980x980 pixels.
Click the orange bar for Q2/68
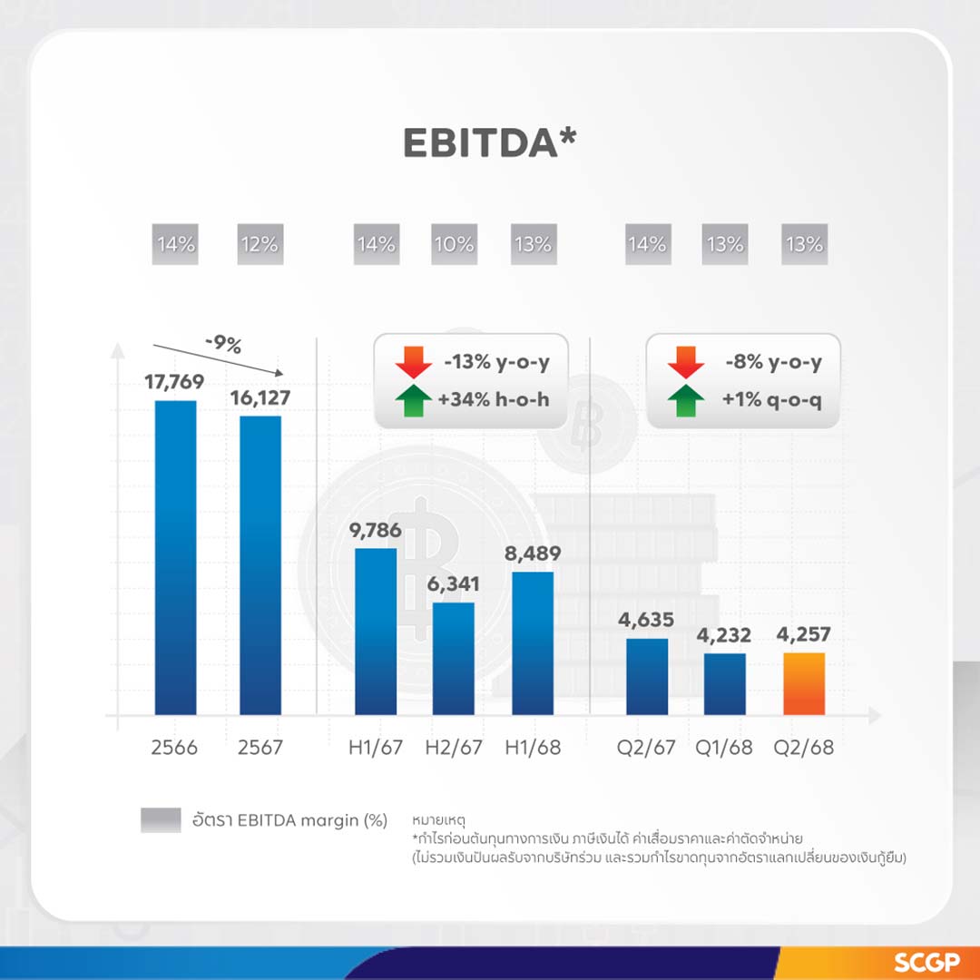point(804,683)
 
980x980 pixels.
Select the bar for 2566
point(175,557)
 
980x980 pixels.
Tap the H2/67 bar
point(453,658)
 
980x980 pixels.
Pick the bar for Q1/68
point(725,683)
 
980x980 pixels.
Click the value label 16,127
point(260,398)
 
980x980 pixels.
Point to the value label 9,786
point(375,530)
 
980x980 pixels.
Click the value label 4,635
point(647,621)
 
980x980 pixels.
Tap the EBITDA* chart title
point(490,142)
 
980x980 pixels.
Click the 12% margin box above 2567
point(260,245)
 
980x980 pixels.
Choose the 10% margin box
point(454,245)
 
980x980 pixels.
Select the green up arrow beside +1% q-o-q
point(686,399)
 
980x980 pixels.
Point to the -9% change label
point(222,346)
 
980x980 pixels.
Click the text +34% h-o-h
point(496,399)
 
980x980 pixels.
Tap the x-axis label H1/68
point(532,749)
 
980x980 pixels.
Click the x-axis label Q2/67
point(647,749)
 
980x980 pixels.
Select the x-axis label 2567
point(260,749)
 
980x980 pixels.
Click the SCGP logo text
point(926,962)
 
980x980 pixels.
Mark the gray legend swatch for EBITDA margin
point(161,819)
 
